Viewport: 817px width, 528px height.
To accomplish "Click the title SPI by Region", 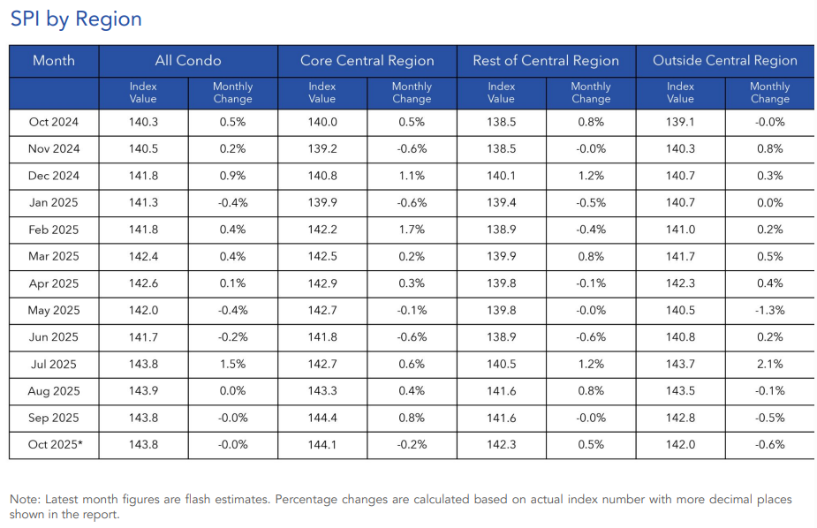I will point(76,19).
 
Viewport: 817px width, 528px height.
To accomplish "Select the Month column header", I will point(54,61).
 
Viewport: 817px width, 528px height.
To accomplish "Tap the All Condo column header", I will point(188,61).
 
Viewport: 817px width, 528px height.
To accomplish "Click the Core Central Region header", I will point(367,61).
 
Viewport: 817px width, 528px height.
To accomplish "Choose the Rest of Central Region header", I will point(546,61).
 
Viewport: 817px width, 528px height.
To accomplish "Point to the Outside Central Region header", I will point(724,61).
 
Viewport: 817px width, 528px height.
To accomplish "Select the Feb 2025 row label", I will point(54,230).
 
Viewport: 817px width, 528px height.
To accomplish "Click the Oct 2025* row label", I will point(55,445).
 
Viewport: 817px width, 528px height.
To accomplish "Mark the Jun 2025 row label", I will point(54,337).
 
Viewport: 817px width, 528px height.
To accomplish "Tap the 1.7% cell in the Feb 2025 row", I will point(412,230).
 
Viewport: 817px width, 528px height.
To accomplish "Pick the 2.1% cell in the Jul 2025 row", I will point(769,364).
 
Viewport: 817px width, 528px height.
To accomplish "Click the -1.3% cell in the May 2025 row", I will point(769,310).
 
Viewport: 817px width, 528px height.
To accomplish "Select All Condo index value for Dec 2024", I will point(143,176).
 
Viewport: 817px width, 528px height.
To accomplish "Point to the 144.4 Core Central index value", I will point(322,418).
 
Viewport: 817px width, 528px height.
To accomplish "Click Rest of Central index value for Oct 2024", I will point(501,122).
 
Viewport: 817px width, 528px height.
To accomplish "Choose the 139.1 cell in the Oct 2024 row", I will point(680,122).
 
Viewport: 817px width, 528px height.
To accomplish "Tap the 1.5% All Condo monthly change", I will point(232,364).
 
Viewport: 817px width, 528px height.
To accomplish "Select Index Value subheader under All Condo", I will point(143,93).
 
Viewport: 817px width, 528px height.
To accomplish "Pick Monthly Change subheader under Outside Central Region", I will point(769,93).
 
